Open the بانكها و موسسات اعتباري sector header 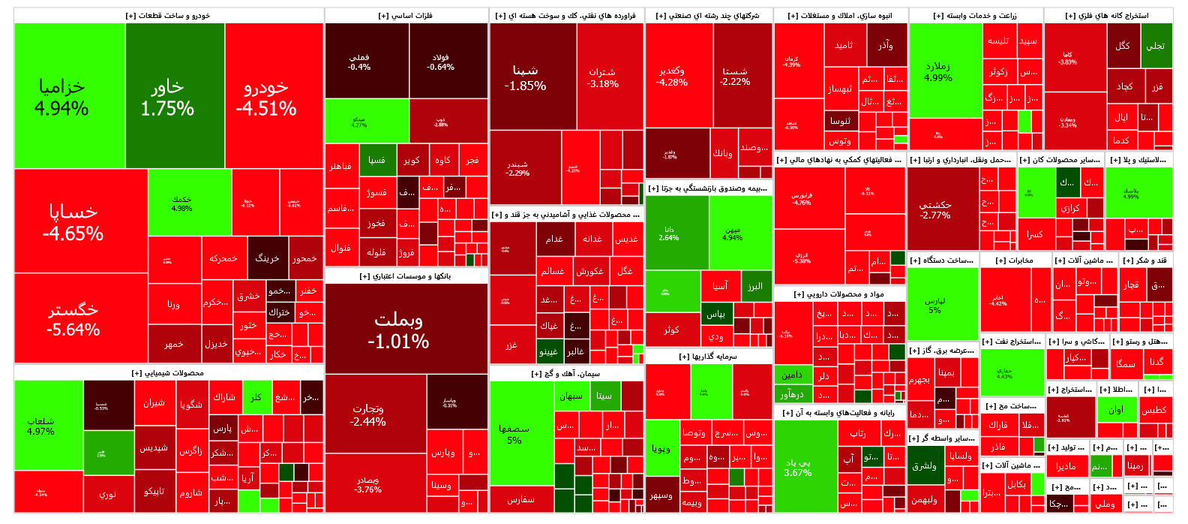pyautogui.click(x=406, y=276)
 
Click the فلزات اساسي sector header pyautogui.click(x=406, y=16)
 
